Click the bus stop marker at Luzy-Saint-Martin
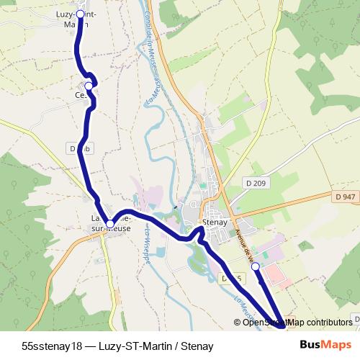(x=79, y=14)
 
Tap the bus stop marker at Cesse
(x=89, y=86)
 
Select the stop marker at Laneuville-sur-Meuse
(x=109, y=224)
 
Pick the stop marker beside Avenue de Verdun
(x=255, y=266)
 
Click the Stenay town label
(x=215, y=222)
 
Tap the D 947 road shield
(x=346, y=197)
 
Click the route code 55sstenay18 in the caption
(x=53, y=346)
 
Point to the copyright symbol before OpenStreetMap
(x=238, y=323)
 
